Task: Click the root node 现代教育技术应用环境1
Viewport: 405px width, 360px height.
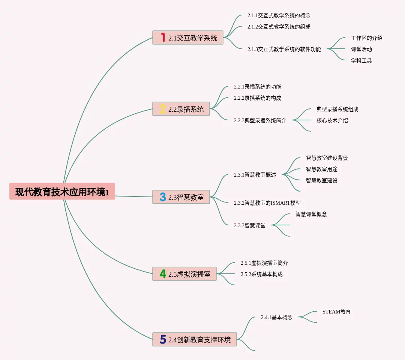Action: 62,192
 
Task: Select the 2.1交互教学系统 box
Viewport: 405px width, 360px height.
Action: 188,37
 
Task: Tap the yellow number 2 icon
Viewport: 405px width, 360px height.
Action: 163,109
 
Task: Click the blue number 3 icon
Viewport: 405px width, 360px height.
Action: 163,197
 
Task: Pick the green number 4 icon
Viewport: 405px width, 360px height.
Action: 163,274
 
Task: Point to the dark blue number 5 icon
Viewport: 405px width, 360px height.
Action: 163,340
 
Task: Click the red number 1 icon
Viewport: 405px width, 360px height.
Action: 163,37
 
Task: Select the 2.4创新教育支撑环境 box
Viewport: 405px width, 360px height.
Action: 195,340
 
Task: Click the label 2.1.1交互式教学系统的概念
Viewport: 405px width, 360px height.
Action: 279,15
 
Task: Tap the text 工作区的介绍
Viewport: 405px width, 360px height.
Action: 366,38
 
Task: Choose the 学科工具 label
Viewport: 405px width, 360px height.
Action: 361,60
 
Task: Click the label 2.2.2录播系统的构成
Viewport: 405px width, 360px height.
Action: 257,98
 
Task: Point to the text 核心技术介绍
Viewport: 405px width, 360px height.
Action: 332,120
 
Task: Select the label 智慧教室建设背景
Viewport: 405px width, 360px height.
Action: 327,158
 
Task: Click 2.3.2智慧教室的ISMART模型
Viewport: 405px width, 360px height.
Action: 267,203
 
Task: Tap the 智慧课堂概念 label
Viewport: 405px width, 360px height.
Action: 311,214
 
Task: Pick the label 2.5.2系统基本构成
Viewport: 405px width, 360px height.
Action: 261,274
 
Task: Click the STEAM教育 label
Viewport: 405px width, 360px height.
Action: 336,312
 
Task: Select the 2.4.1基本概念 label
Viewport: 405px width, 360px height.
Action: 276,317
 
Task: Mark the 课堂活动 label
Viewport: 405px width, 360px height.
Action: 361,49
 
